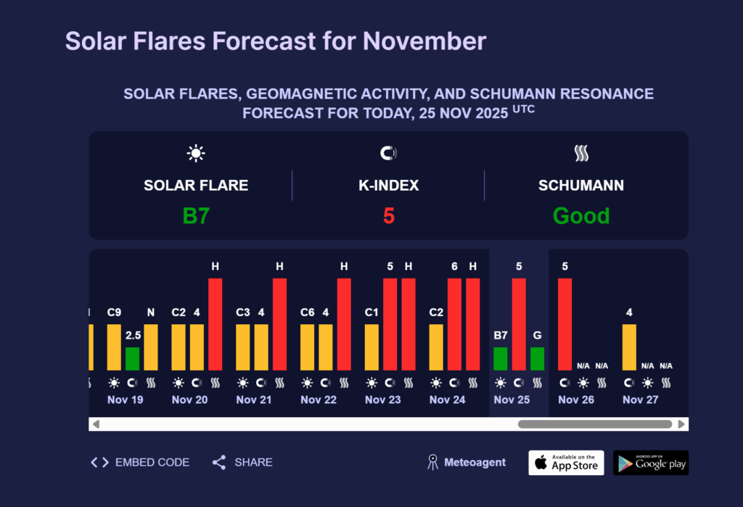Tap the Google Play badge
[x=650, y=463]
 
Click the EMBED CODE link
[x=140, y=462]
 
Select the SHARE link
[x=242, y=462]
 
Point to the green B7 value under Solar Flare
[x=196, y=216]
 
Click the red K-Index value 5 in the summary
[x=389, y=216]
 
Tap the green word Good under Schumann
[x=581, y=216]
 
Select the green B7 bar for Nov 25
[x=501, y=358]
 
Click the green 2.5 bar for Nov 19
[x=132, y=358]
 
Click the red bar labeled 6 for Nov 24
[x=454, y=323]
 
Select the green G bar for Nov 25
[x=537, y=358]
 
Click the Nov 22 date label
[x=319, y=400]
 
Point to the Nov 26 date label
[x=576, y=400]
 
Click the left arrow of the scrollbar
[x=96, y=424]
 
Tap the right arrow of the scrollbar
[x=681, y=424]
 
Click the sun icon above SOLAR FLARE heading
[x=196, y=153]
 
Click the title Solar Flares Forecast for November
[x=276, y=41]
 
